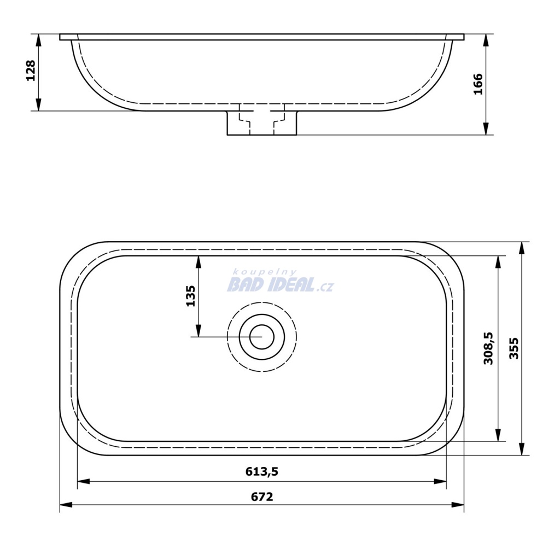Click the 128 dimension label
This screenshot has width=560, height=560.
(x=31, y=71)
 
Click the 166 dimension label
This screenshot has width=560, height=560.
(x=478, y=84)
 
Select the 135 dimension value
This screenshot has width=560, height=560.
(x=191, y=296)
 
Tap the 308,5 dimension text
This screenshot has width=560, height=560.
(x=488, y=348)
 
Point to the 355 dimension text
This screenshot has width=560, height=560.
(x=514, y=348)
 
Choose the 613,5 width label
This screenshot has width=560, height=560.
(x=262, y=472)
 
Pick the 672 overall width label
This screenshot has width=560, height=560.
(x=262, y=497)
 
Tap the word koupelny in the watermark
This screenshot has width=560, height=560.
(x=265, y=272)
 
